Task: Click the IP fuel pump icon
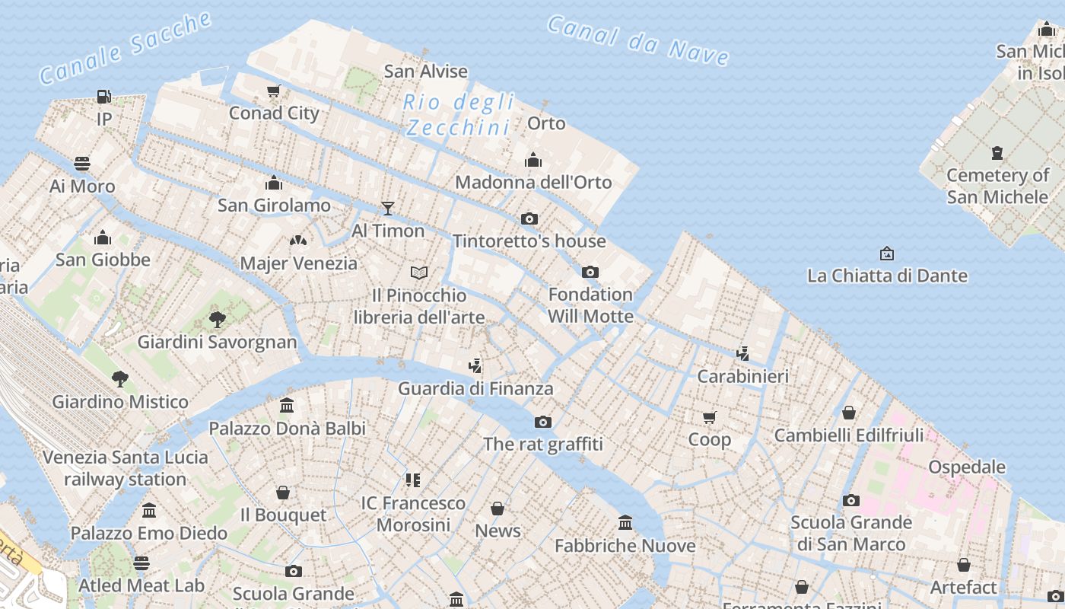(x=104, y=97)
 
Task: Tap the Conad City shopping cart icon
(x=274, y=91)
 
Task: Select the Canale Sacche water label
(x=125, y=48)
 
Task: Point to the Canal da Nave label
(x=638, y=40)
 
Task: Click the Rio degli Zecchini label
(x=458, y=114)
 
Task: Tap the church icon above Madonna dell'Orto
(x=533, y=160)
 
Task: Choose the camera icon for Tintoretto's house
(x=529, y=219)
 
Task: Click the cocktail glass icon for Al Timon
(x=388, y=208)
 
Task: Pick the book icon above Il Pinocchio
(x=419, y=273)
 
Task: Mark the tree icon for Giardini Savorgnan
(x=218, y=319)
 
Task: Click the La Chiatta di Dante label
(x=887, y=276)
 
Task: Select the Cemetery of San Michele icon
(x=997, y=153)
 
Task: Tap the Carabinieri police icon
(x=743, y=353)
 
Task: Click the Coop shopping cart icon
(x=710, y=417)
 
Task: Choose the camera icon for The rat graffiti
(x=542, y=422)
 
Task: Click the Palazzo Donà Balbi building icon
(x=287, y=406)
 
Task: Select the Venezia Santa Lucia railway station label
(x=126, y=468)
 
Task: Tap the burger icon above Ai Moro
(x=82, y=164)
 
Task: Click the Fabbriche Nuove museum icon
(x=625, y=523)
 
